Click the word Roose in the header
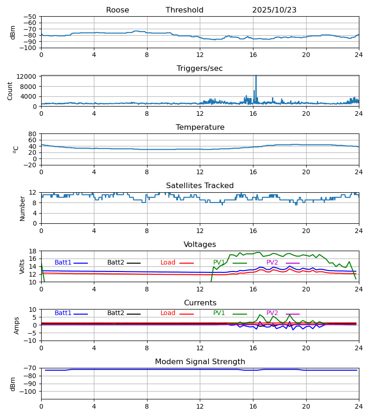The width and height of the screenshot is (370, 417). [117, 10]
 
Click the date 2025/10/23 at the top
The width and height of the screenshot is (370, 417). [274, 10]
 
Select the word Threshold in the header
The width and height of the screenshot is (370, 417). [185, 10]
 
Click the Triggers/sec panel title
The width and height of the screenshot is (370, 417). [200, 69]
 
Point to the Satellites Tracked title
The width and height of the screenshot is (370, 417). [200, 186]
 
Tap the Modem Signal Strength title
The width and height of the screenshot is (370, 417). [200, 362]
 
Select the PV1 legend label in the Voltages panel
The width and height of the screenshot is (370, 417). [219, 263]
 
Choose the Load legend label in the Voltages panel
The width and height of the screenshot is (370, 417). [168, 263]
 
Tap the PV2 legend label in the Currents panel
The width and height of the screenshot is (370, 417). [272, 313]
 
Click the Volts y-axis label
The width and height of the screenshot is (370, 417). [22, 266]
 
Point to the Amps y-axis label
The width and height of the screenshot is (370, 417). [17, 325]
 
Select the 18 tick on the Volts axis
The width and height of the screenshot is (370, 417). [33, 251]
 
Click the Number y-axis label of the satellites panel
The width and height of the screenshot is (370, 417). [22, 208]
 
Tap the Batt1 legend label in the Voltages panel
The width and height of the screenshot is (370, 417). [63, 263]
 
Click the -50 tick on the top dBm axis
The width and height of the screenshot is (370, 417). [31, 17]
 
